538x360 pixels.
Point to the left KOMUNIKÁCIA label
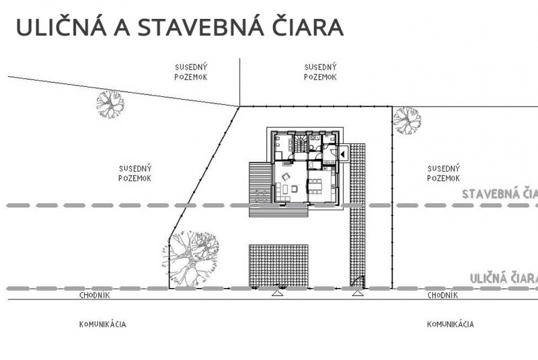point(102,324)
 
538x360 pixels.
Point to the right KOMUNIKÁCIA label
point(450,324)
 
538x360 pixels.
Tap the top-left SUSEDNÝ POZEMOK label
point(190,71)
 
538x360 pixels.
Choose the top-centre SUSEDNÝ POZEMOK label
point(319,71)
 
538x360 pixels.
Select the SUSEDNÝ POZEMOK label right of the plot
point(443,173)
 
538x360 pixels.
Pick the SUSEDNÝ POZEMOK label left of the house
point(134,173)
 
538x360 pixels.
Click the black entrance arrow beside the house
point(342,154)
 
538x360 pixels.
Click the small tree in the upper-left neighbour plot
point(110,104)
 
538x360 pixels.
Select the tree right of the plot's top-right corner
point(407,120)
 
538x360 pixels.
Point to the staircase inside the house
point(300,143)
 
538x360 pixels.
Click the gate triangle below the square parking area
point(277,293)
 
